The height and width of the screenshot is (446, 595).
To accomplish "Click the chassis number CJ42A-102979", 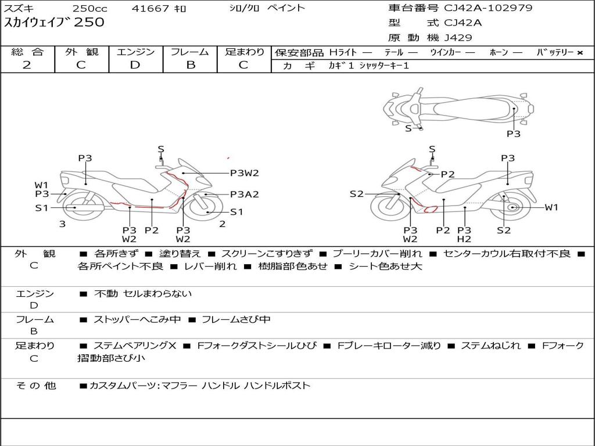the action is (488, 8).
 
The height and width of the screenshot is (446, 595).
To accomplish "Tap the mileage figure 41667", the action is (150, 8).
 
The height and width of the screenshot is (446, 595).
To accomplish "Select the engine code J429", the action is (458, 38).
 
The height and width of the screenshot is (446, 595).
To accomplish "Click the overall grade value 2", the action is (27, 65).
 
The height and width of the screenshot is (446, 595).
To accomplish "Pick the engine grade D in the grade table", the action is (135, 65).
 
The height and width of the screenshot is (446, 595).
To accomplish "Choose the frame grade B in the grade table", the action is (191, 65).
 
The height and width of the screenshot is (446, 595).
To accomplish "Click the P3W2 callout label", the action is (245, 173).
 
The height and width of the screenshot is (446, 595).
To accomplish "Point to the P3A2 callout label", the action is (245, 194).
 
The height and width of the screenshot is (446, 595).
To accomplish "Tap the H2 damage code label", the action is (464, 239).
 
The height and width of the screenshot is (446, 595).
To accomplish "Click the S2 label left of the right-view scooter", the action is (356, 194).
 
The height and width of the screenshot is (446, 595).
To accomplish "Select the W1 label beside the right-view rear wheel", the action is (551, 207).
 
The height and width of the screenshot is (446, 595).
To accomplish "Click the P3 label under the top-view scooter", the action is (514, 134).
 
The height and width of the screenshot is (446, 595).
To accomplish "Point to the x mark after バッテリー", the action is (580, 53).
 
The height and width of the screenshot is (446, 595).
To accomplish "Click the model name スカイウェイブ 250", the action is (54, 22).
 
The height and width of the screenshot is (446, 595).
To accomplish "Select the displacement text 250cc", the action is (90, 8).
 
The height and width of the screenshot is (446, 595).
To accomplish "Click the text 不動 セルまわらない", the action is (143, 293).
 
